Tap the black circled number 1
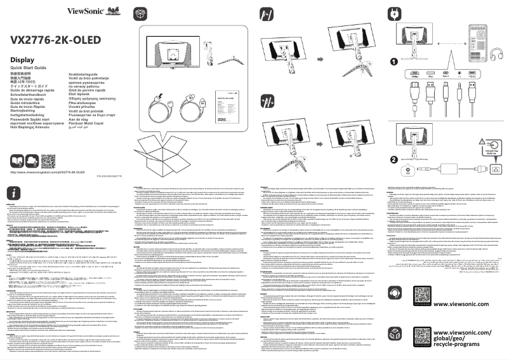pos(393,62)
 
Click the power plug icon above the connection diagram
pos(393,10)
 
